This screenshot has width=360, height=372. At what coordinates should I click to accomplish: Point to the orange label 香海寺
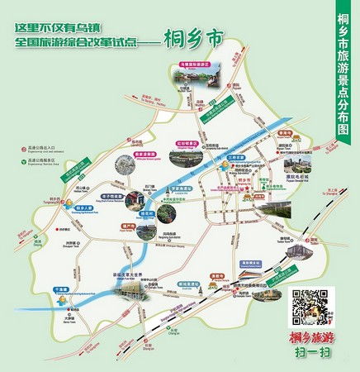(285, 132)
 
